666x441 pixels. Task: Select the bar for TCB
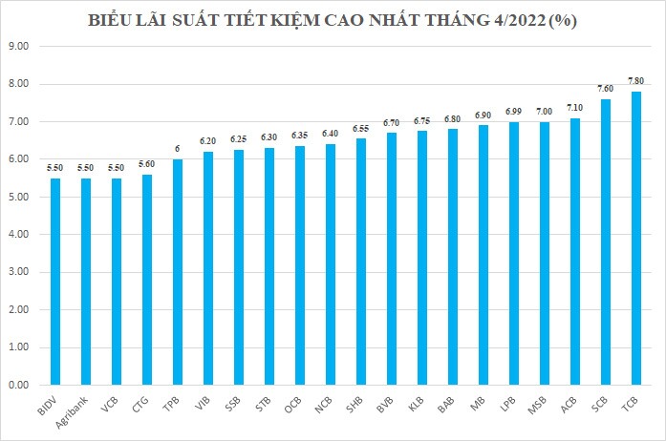[636, 239]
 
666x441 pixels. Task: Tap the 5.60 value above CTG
[147, 164]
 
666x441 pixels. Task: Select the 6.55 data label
[361, 129]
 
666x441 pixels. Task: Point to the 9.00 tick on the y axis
[19, 46]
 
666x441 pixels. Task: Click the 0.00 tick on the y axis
[19, 385]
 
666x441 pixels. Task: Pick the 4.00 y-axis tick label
[19, 235]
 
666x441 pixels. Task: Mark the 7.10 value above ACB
[575, 108]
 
